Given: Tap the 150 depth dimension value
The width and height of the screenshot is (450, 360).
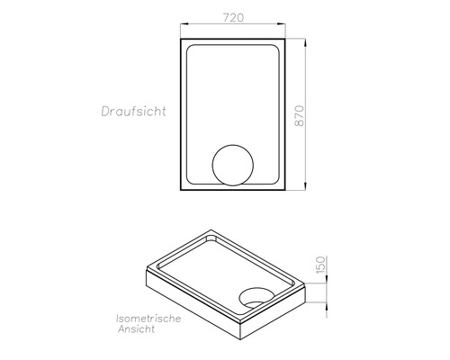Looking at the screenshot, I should pyautogui.click(x=321, y=268).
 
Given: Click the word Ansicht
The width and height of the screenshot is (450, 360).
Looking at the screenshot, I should pyautogui.click(x=137, y=331).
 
